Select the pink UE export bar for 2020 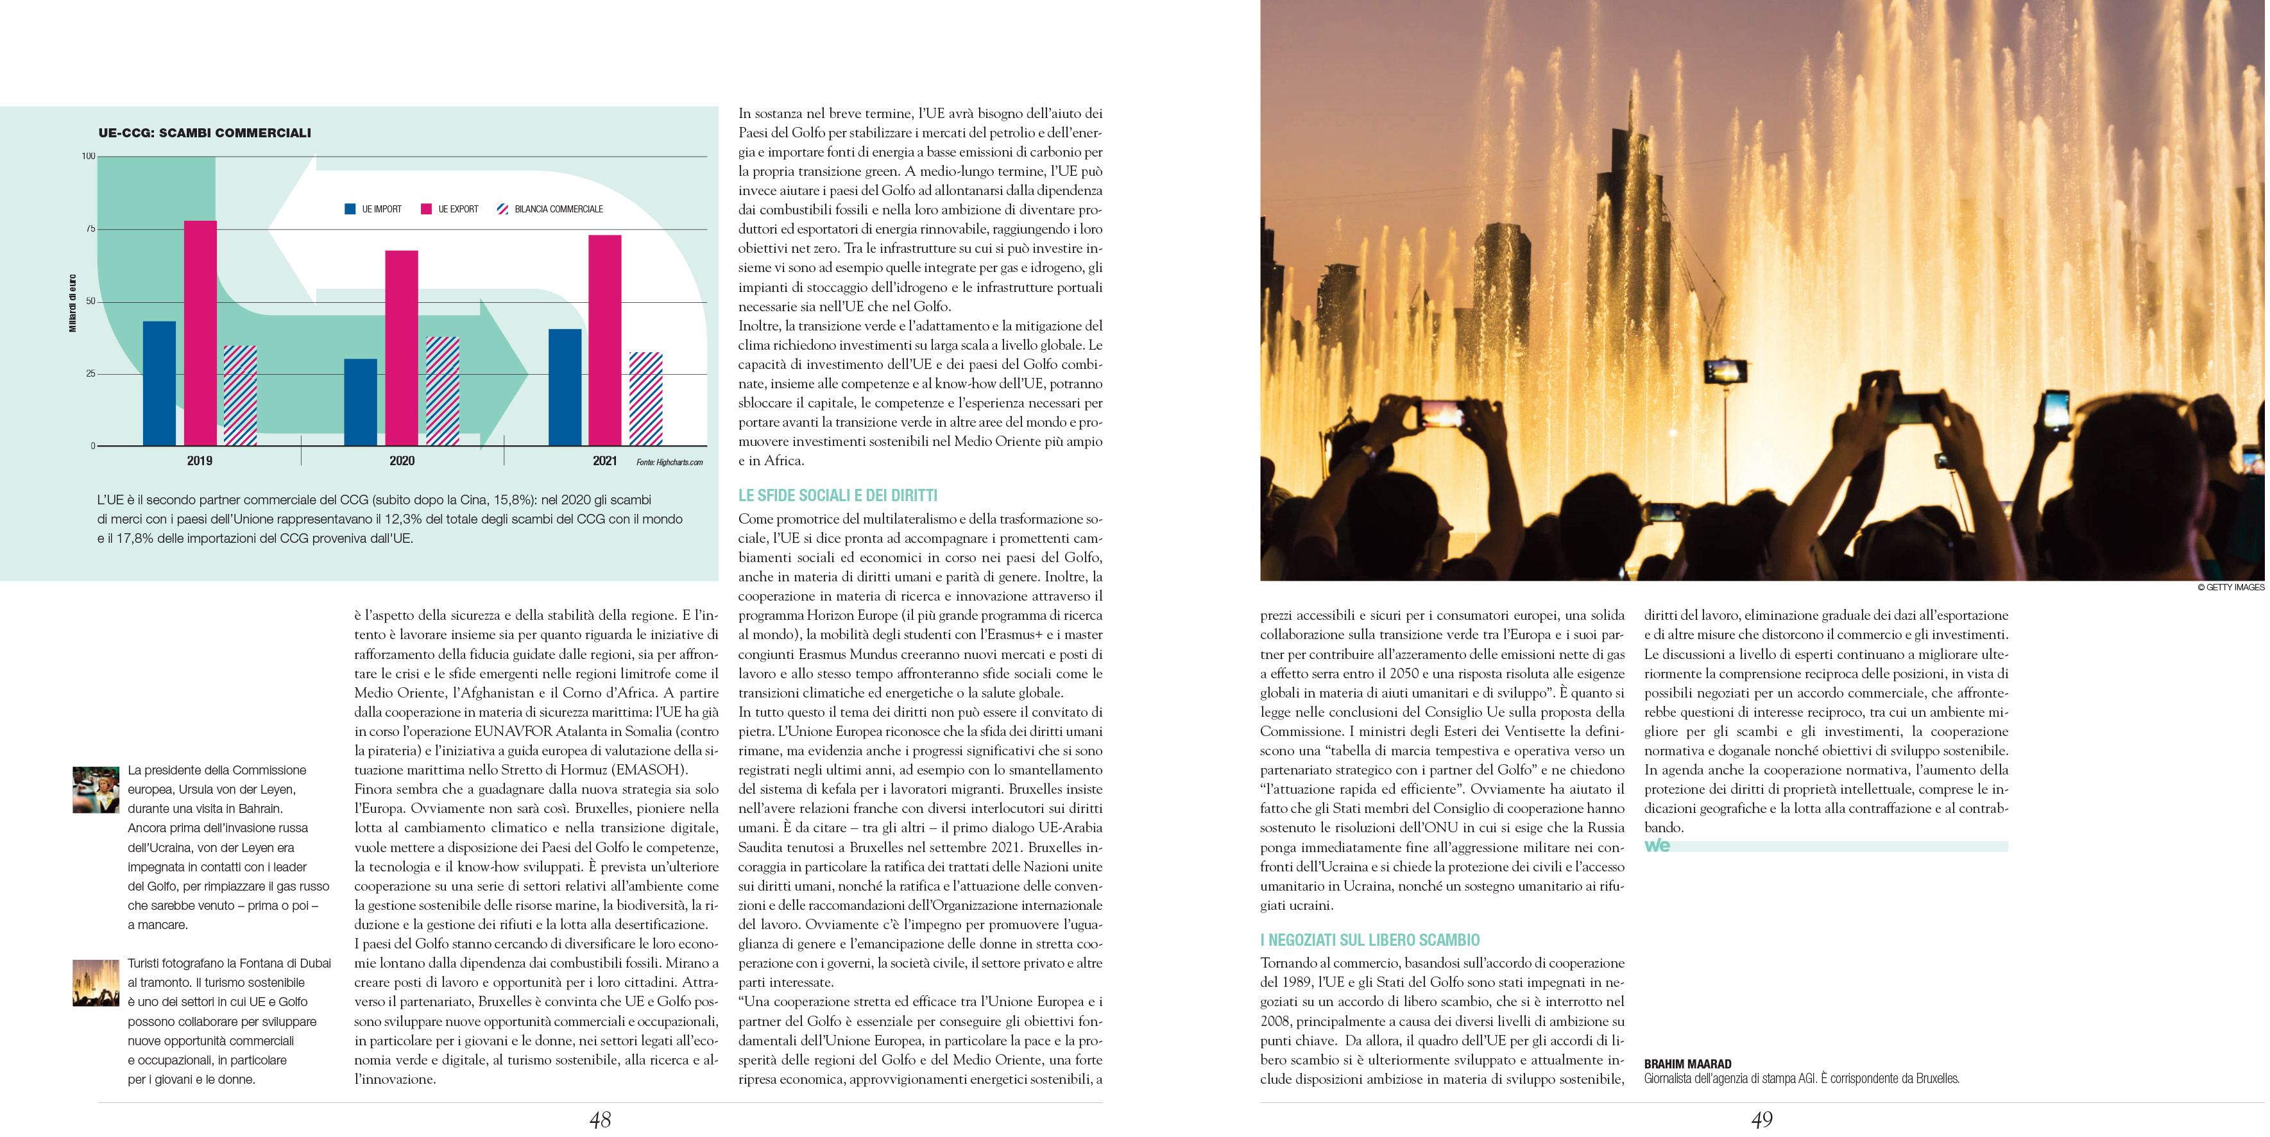click(x=402, y=348)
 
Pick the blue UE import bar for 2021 click(x=565, y=388)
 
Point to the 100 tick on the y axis click(x=88, y=156)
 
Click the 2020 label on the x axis click(x=402, y=461)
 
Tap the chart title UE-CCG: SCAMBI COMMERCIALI click(x=205, y=133)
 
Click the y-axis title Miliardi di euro click(x=73, y=303)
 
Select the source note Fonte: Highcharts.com click(x=670, y=462)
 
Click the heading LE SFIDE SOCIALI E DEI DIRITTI click(x=837, y=495)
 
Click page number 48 click(x=600, y=1120)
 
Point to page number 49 click(x=1762, y=1120)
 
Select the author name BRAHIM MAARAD click(x=1687, y=1064)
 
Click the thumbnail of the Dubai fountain click(x=95, y=983)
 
